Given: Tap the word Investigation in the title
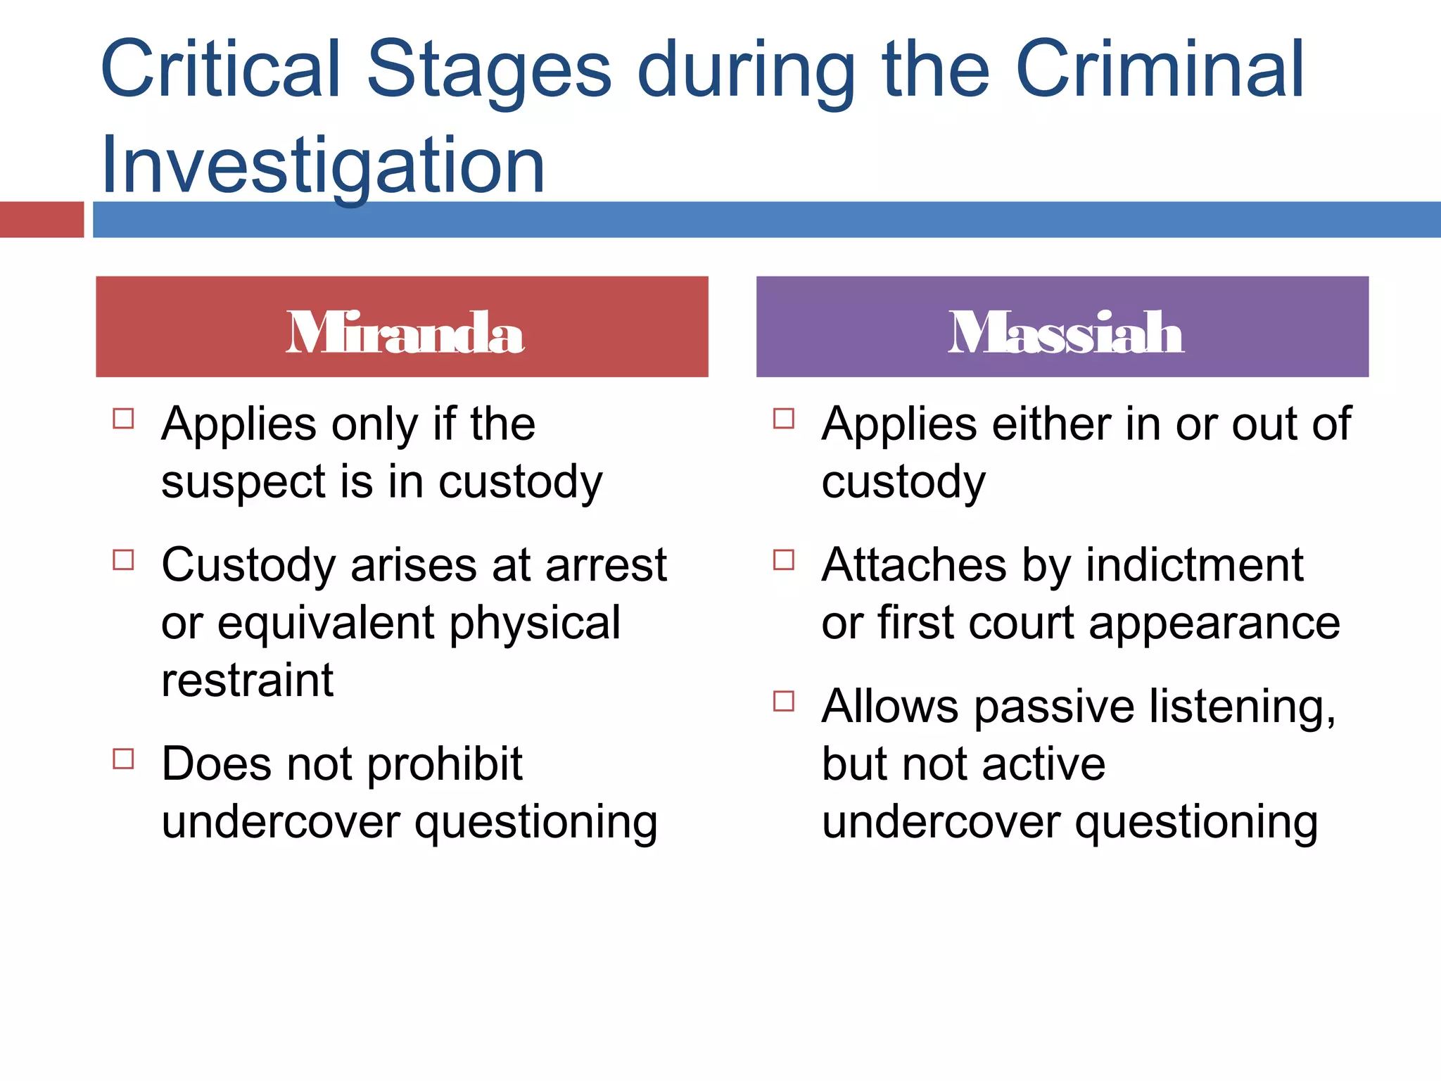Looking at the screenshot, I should point(323,165).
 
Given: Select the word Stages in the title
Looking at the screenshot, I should point(489,70).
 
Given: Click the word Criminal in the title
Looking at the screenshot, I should point(1160,70).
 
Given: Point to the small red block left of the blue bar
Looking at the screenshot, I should point(42,220).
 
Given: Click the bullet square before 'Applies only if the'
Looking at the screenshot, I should point(124,419).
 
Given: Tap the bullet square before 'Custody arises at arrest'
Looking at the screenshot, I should point(124,560).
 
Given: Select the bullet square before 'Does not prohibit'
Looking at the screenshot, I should point(124,759).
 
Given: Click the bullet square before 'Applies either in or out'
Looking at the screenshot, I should point(784,419).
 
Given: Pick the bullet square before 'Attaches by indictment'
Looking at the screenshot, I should point(784,560).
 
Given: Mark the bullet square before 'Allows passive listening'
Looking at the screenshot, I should point(784,701).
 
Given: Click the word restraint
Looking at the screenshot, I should point(247,681).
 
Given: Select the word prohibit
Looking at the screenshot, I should point(445,764).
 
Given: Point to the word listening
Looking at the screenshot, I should point(1242,707).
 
